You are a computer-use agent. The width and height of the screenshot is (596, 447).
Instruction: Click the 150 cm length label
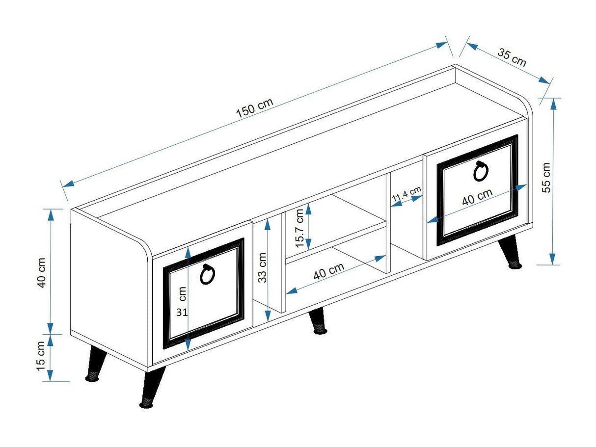click(254, 107)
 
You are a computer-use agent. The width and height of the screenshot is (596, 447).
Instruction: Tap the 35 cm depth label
click(512, 57)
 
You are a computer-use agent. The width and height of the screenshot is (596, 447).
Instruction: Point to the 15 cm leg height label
click(41, 356)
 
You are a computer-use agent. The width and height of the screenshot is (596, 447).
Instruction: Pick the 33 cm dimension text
click(263, 267)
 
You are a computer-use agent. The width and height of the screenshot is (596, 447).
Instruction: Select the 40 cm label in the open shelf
click(328, 271)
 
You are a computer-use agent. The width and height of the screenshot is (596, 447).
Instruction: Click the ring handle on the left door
click(207, 275)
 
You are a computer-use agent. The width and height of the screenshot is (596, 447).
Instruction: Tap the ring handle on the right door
click(481, 171)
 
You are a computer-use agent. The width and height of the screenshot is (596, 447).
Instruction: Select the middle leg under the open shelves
click(318, 321)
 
